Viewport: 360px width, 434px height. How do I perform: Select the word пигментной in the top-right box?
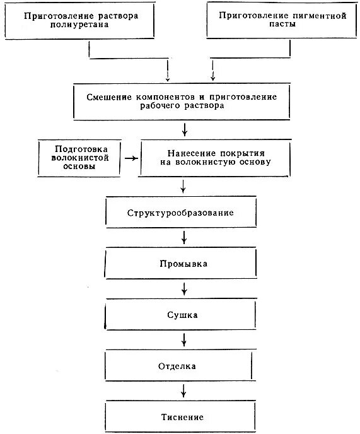tap(318, 16)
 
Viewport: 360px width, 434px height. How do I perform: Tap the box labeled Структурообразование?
tap(182, 213)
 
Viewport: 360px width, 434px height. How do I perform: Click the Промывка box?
tap(182, 263)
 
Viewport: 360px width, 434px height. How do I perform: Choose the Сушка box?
tap(182, 314)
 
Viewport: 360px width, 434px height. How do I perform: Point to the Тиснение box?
tap(182, 417)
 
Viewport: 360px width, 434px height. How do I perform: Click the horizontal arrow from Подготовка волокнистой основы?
tap(131, 158)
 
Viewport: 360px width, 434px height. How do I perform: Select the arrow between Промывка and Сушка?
tap(184, 288)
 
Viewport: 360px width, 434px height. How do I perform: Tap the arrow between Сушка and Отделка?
tap(184, 339)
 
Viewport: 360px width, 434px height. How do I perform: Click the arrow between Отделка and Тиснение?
tap(184, 391)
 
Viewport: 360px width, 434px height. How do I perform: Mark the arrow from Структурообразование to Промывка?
tap(184, 238)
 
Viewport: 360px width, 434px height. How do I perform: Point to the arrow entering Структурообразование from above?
tap(184, 186)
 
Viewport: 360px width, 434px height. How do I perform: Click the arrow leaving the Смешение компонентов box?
tap(184, 130)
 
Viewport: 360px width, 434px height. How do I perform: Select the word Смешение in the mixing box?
tap(108, 97)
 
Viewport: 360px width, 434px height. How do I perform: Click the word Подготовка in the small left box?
tap(79, 148)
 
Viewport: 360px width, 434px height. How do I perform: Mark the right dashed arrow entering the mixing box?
tap(212, 73)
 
